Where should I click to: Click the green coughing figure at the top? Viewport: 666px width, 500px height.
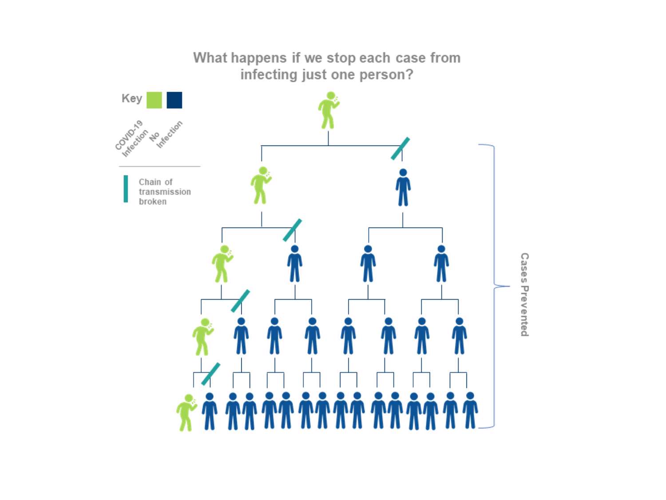pyautogui.click(x=329, y=110)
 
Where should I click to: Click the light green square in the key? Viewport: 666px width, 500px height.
pyautogui.click(x=154, y=100)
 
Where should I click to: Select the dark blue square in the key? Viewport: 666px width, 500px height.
pyautogui.click(x=174, y=100)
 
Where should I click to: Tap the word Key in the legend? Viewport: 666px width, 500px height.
pyautogui.click(x=132, y=98)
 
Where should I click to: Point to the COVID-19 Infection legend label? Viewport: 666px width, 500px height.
pyautogui.click(x=131, y=138)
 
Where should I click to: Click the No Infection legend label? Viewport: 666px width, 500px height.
pyautogui.click(x=166, y=134)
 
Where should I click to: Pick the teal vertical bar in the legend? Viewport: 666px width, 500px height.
pyautogui.click(x=126, y=188)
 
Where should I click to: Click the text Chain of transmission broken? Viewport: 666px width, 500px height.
pyautogui.click(x=165, y=192)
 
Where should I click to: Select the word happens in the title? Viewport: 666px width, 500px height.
pyautogui.click(x=259, y=58)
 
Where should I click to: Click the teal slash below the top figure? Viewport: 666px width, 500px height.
pyautogui.click(x=400, y=148)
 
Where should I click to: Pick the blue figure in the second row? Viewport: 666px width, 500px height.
pyautogui.click(x=403, y=187)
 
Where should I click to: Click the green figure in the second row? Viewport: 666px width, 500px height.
pyautogui.click(x=261, y=185)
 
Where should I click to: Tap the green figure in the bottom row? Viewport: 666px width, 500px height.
pyautogui.click(x=186, y=412)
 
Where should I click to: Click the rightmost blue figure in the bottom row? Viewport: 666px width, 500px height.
pyautogui.click(x=470, y=411)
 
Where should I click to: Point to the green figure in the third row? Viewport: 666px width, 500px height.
pyautogui.click(x=222, y=264)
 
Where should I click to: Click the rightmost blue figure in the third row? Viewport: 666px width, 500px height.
pyautogui.click(x=441, y=264)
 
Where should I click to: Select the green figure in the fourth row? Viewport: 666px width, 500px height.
pyautogui.click(x=203, y=337)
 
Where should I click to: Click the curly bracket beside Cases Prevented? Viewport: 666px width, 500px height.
pyautogui.click(x=495, y=286)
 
